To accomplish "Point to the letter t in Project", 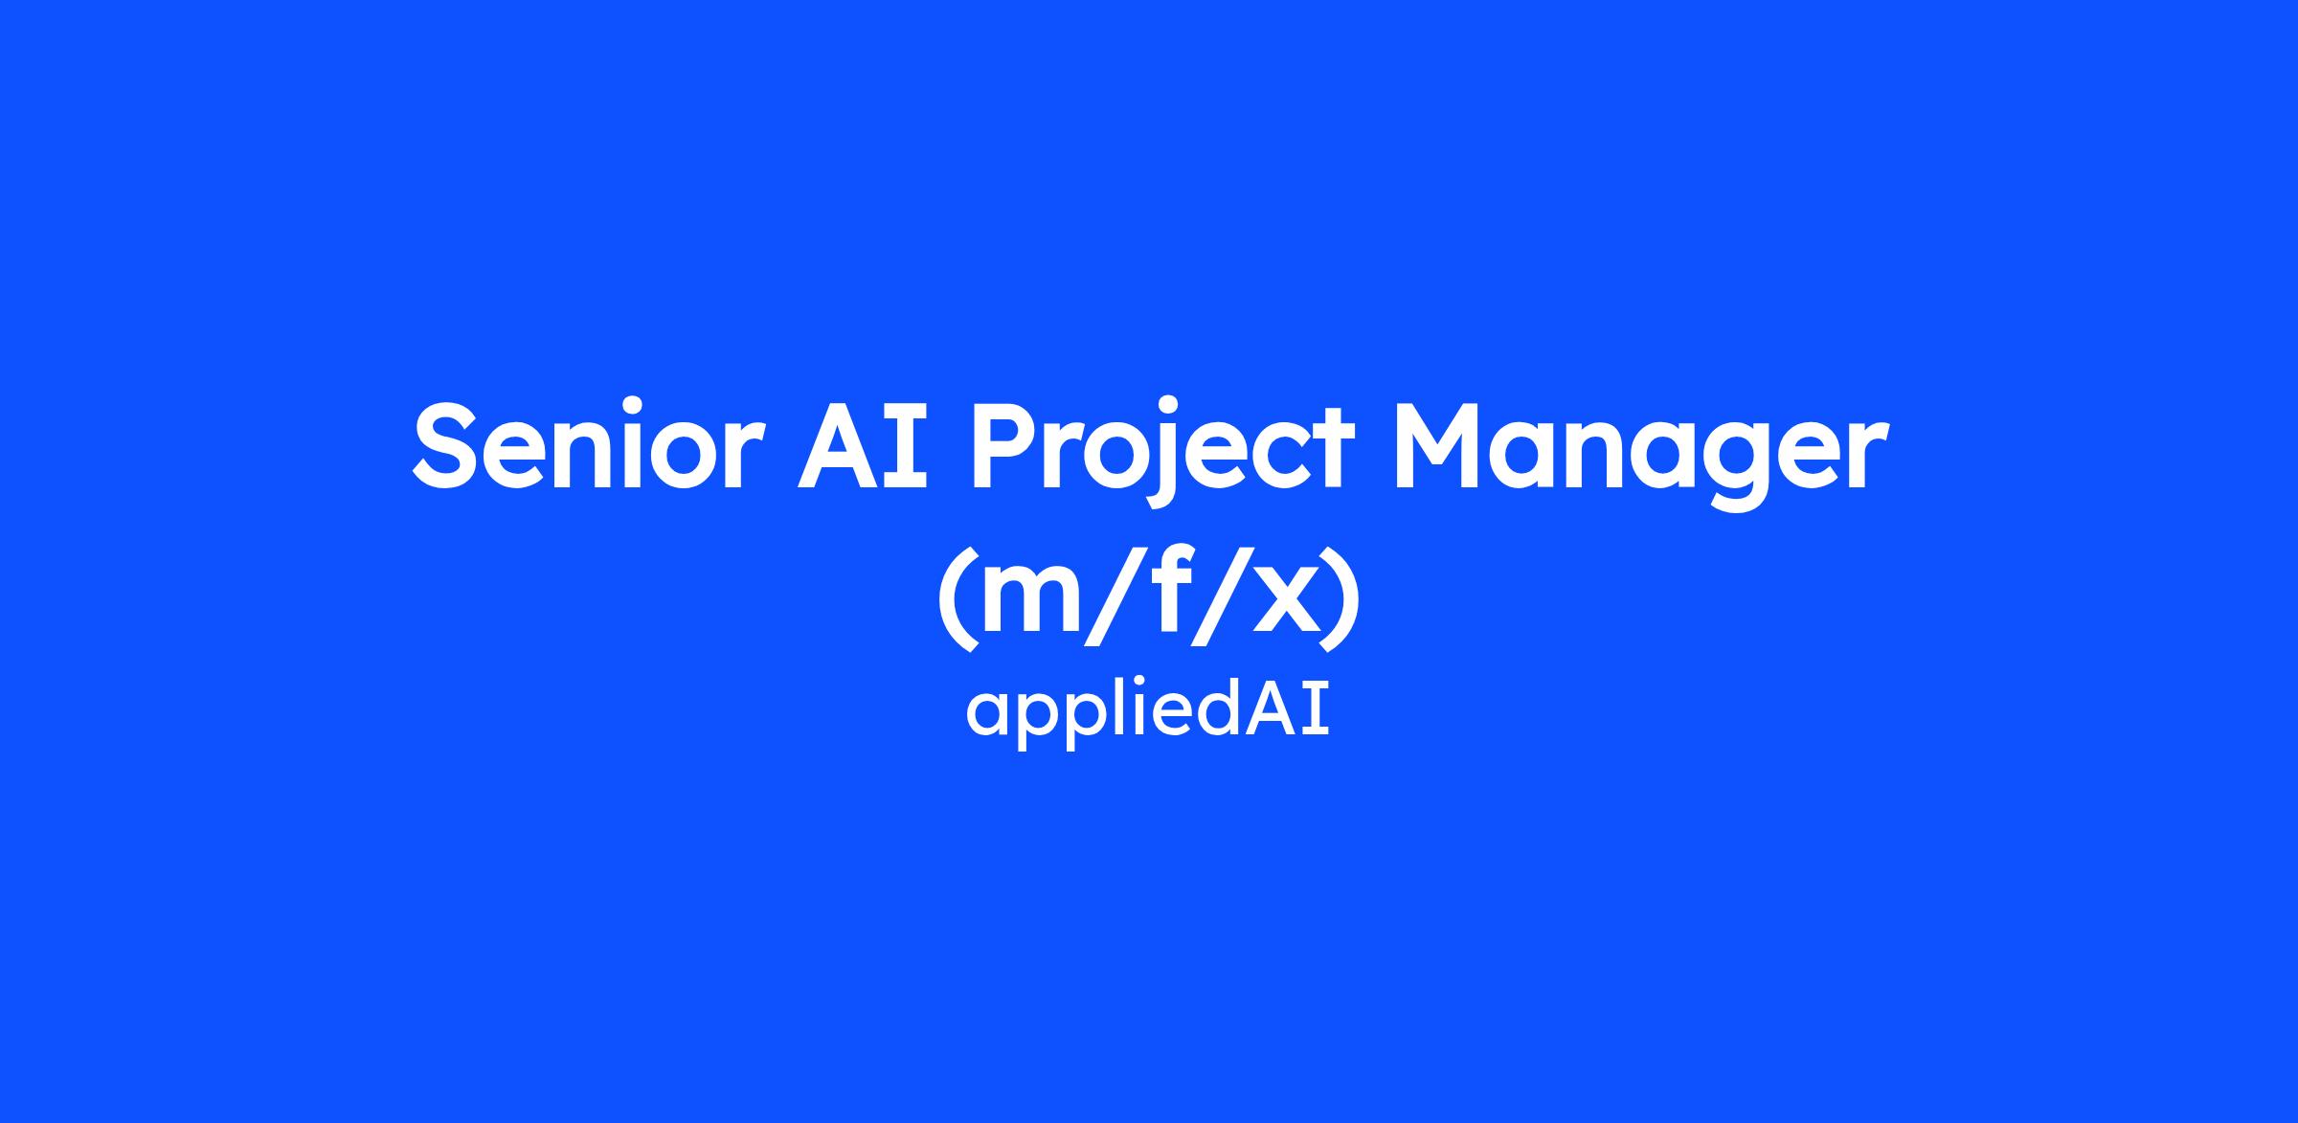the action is point(1334,450).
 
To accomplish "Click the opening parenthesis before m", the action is point(957,599).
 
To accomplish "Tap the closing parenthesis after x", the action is point(1340,599).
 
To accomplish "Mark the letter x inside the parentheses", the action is point(1280,602).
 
